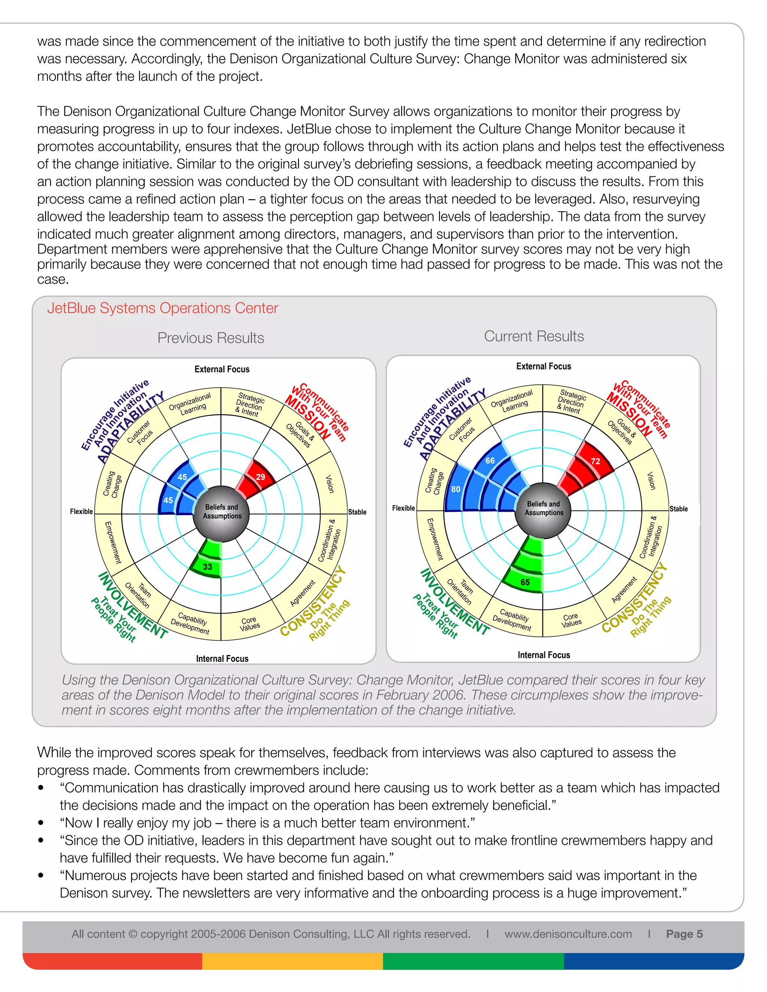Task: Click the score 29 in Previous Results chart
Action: coord(260,477)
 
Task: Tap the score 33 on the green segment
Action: coord(207,566)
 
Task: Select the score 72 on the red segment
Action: coord(595,461)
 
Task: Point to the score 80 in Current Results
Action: coord(456,489)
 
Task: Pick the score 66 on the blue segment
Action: coord(490,460)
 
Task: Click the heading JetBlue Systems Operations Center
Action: coord(162,308)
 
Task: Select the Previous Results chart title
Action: coord(210,338)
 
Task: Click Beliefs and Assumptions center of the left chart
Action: coord(222,511)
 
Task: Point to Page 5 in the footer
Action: coord(684,934)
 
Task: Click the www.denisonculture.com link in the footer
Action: coord(568,934)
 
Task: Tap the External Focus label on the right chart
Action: coord(543,366)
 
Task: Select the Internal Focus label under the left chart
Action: coord(222,658)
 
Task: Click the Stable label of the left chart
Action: coord(357,512)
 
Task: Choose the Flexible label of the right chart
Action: coord(403,508)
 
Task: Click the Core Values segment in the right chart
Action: coord(571,620)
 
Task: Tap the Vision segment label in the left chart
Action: coord(330,484)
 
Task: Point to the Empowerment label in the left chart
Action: coord(113,542)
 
